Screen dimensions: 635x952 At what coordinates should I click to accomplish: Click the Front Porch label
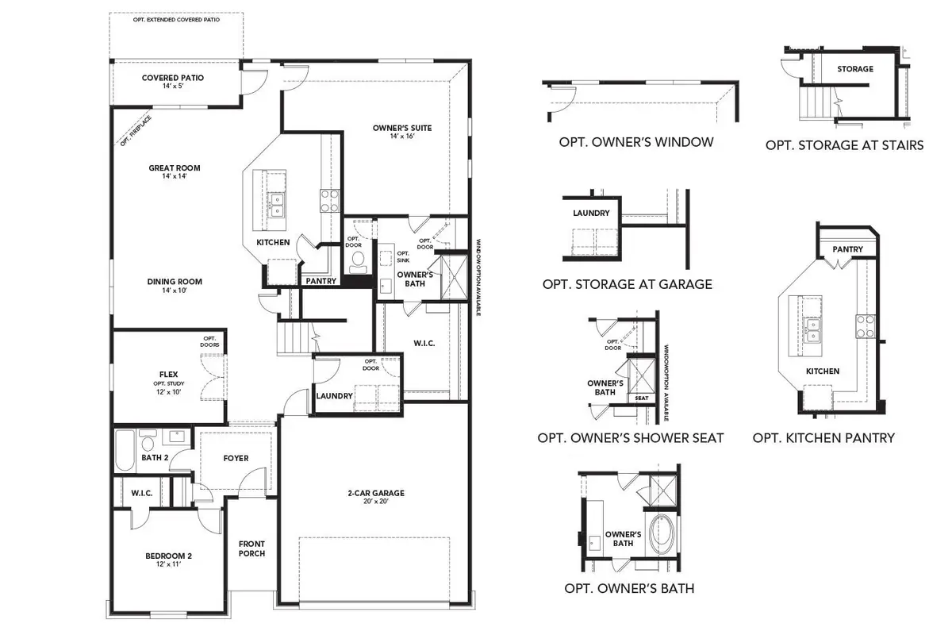251,548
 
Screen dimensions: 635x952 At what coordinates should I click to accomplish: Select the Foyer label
236,458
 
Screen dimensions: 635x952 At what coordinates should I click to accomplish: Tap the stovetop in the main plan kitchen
329,199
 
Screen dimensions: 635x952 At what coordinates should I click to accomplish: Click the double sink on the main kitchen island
276,206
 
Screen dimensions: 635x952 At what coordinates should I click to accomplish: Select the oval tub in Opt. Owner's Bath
660,534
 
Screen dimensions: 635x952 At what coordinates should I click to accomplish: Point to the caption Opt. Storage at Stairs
844,145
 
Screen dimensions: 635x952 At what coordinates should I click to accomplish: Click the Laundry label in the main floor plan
334,396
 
